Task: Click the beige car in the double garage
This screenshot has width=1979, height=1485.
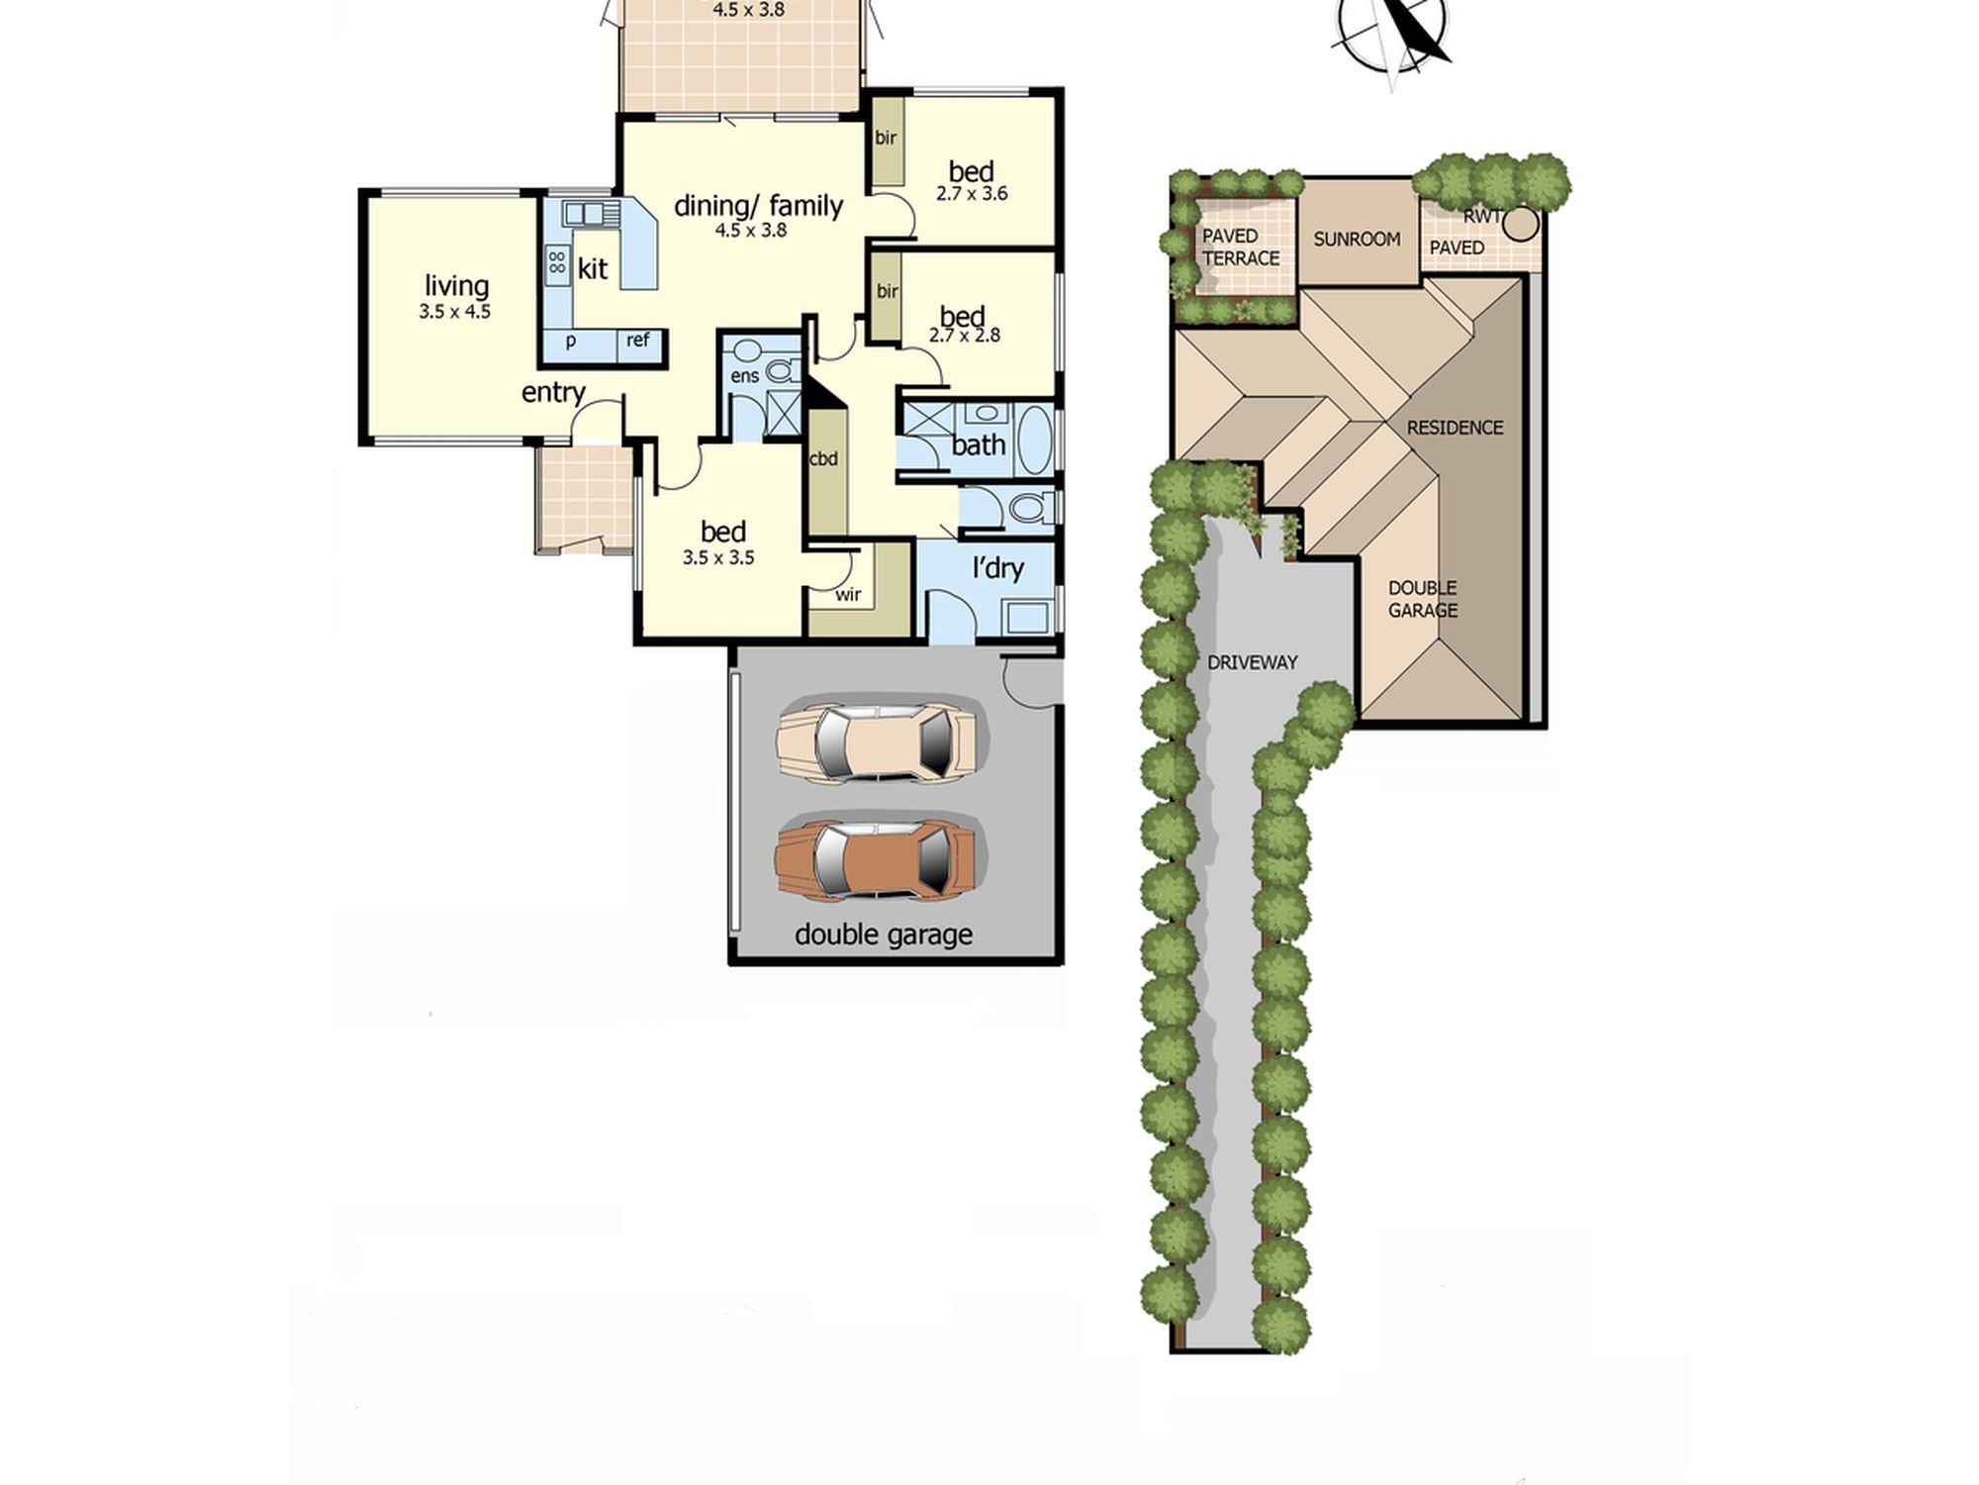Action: [x=877, y=742]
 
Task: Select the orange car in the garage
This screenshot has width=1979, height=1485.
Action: [x=877, y=858]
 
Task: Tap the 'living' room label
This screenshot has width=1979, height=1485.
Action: [x=456, y=287]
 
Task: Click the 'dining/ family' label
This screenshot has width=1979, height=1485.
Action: [x=758, y=206]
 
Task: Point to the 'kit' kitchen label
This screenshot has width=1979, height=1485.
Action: [x=593, y=268]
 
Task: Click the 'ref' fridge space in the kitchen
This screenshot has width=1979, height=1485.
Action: [x=638, y=341]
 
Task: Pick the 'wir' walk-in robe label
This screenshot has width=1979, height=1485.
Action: [x=848, y=595]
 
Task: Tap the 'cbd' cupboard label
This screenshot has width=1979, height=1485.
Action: [x=823, y=459]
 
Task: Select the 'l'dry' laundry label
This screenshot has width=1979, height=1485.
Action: [x=997, y=568]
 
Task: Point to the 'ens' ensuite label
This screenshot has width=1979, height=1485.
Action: [x=744, y=376]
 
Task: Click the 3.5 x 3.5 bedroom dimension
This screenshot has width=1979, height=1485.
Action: [x=718, y=558]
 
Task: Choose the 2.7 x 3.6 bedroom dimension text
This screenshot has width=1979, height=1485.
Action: [x=972, y=194]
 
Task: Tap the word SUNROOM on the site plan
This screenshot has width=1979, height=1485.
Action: [x=1357, y=240]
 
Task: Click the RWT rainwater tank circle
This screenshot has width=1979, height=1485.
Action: [x=1521, y=224]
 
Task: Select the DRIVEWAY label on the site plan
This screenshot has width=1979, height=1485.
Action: [x=1253, y=662]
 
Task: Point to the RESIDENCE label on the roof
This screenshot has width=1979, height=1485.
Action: [x=1455, y=428]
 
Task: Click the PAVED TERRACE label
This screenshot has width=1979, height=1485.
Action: [x=1241, y=247]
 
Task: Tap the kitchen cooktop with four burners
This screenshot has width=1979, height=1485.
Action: [x=557, y=262]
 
